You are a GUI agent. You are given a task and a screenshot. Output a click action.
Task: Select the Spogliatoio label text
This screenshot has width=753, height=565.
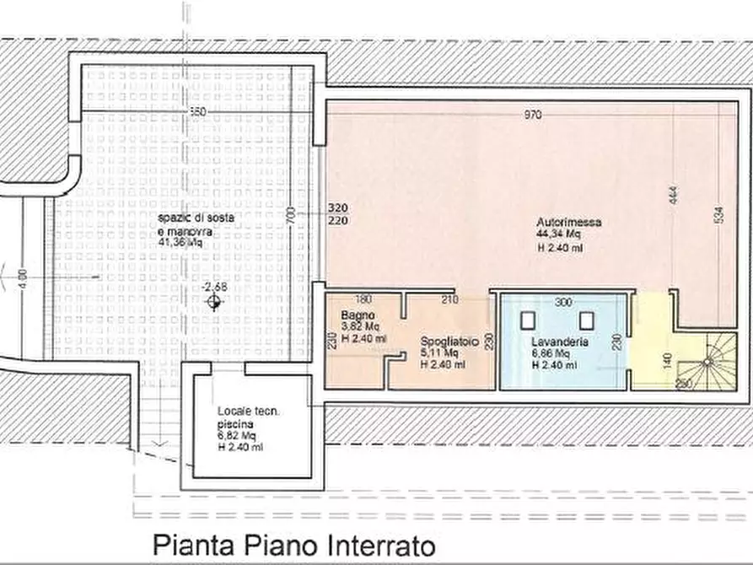pyautogui.click(x=450, y=342)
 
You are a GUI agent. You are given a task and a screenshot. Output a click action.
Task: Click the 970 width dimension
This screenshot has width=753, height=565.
pyautogui.click(x=532, y=116)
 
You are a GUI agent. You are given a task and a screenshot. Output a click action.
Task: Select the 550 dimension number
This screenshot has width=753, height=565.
pyautogui.click(x=197, y=111)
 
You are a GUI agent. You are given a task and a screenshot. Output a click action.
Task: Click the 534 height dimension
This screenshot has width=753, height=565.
pyautogui.click(x=718, y=215)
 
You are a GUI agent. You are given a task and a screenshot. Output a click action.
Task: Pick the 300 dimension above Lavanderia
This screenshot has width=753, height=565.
pyautogui.click(x=563, y=302)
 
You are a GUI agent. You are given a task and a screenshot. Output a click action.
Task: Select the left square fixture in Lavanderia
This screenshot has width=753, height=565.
pyautogui.click(x=529, y=320)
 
